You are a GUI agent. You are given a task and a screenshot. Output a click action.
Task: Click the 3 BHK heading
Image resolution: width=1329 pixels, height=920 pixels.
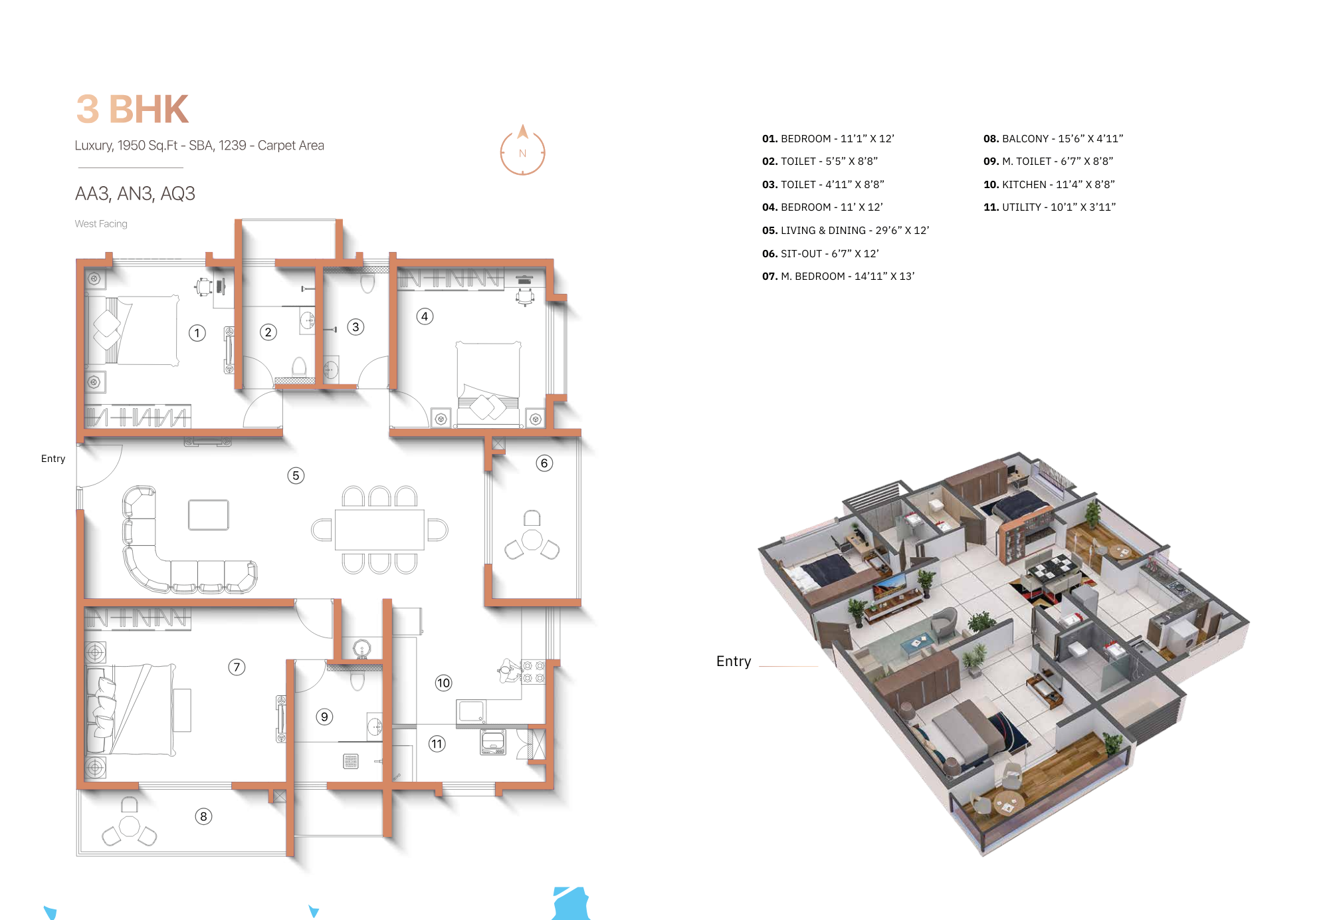click(x=132, y=110)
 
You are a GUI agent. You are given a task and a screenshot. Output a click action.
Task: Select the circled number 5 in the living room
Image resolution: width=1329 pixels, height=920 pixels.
click(x=296, y=475)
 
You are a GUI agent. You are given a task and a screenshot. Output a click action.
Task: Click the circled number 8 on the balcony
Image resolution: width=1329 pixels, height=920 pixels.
click(x=203, y=816)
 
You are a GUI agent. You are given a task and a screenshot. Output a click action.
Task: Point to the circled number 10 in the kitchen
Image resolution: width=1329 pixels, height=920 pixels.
click(x=443, y=683)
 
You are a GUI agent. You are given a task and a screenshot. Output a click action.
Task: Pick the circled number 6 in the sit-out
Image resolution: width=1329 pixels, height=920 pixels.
click(x=544, y=463)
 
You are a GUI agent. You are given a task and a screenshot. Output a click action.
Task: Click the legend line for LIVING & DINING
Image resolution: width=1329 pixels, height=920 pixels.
click(x=845, y=231)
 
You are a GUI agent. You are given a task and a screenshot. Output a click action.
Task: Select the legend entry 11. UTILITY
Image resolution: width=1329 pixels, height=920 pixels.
click(x=1049, y=207)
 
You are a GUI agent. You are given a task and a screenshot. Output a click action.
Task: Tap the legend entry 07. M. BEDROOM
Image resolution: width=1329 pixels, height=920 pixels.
click(x=838, y=277)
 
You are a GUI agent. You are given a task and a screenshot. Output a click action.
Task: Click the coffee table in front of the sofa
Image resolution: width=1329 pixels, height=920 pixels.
click(x=208, y=515)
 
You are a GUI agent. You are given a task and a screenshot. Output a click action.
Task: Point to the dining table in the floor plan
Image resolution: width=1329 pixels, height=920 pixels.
click(x=379, y=530)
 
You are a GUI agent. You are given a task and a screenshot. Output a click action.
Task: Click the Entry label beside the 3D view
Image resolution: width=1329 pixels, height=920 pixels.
click(x=734, y=661)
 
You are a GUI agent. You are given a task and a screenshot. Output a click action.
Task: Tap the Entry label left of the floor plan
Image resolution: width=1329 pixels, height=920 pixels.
click(x=53, y=459)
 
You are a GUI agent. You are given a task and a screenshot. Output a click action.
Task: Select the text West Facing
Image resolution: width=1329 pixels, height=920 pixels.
click(x=101, y=224)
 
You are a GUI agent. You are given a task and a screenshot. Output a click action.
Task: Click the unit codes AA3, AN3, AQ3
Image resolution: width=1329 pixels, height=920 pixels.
click(x=135, y=194)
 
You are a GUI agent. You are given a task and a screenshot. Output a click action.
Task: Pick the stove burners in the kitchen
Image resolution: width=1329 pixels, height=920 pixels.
click(x=534, y=672)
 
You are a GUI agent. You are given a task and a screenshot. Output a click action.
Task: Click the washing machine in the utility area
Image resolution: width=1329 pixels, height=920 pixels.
click(x=493, y=741)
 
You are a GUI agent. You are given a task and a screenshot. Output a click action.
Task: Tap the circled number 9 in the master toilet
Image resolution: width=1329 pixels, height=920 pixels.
click(x=324, y=717)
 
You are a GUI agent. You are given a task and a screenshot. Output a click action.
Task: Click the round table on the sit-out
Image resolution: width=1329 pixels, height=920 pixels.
click(x=532, y=540)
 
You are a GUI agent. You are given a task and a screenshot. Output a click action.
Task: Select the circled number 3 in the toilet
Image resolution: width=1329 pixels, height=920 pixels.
click(x=356, y=327)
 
